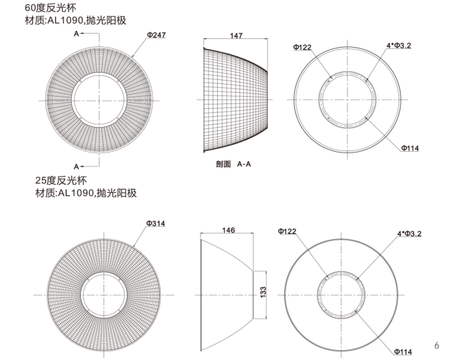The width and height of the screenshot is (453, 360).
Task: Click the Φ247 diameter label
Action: (x=156, y=35)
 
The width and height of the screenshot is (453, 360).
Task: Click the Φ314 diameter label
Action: (x=156, y=224)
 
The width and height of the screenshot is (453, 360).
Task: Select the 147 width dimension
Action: (x=236, y=36)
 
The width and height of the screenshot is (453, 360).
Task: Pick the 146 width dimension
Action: (x=228, y=230)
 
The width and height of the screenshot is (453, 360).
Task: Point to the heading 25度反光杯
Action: (x=61, y=181)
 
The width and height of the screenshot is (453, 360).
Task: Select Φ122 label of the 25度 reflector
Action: (x=286, y=231)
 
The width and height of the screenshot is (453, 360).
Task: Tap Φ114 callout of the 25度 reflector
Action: (x=403, y=351)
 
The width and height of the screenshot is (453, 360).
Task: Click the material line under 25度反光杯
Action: (x=85, y=193)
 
